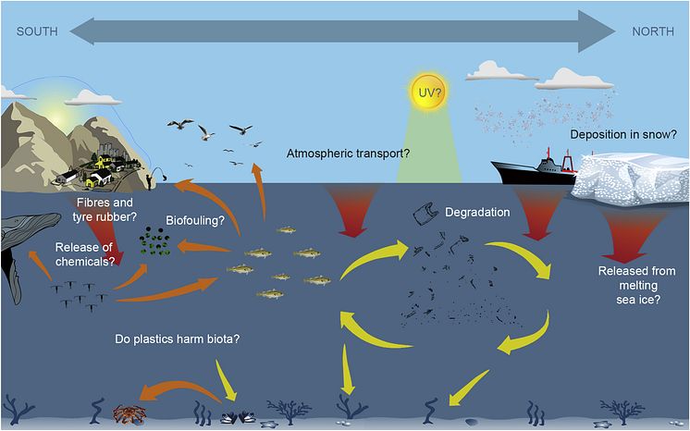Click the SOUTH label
pyautogui.click(x=37, y=31)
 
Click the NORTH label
pyautogui.click(x=653, y=31)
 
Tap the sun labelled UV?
pyautogui.click(x=428, y=92)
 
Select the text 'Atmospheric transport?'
pyautogui.click(x=348, y=154)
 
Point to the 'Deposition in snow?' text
pyautogui.click(x=623, y=134)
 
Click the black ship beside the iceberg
pyautogui.click(x=535, y=169)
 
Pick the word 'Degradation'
pyautogui.click(x=477, y=212)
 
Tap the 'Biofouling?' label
pyautogui.click(x=195, y=220)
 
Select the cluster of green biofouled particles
pyautogui.click(x=154, y=241)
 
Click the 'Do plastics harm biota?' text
pyautogui.click(x=178, y=339)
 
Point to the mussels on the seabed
pyautogui.click(x=238, y=417)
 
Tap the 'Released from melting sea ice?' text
pyautogui.click(x=637, y=285)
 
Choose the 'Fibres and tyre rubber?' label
pyautogui.click(x=105, y=210)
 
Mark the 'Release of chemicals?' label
pyautogui.click(x=84, y=254)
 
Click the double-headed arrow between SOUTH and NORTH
pyautogui.click(x=342, y=31)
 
